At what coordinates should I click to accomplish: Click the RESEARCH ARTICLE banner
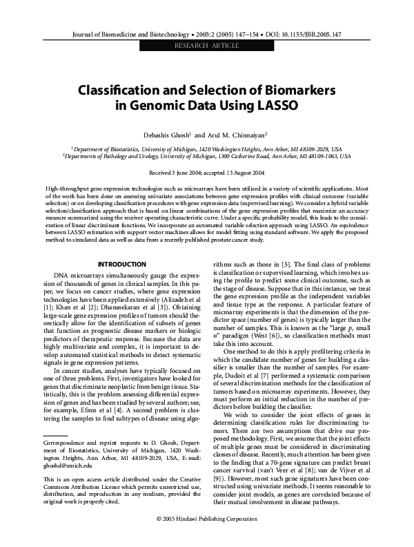(206, 45)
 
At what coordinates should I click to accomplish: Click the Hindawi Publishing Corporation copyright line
(206, 536)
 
